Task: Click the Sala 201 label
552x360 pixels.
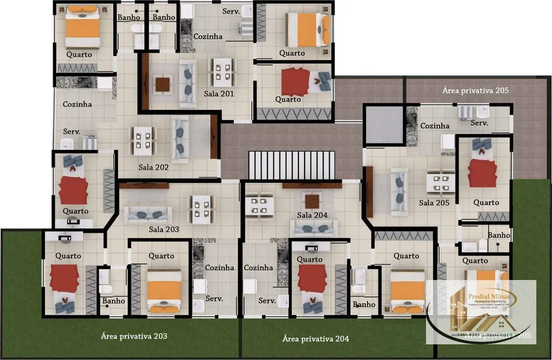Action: [219, 94]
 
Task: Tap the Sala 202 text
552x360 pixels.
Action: [153, 166]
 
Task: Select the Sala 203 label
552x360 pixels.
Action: [163, 229]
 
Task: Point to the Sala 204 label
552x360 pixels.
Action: [312, 215]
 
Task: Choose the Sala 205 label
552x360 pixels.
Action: [434, 203]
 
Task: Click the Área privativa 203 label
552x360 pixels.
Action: [134, 336]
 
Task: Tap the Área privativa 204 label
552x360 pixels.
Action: [316, 338]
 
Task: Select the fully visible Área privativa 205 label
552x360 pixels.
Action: [475, 89]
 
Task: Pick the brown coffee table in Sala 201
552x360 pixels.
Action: [163, 85]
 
